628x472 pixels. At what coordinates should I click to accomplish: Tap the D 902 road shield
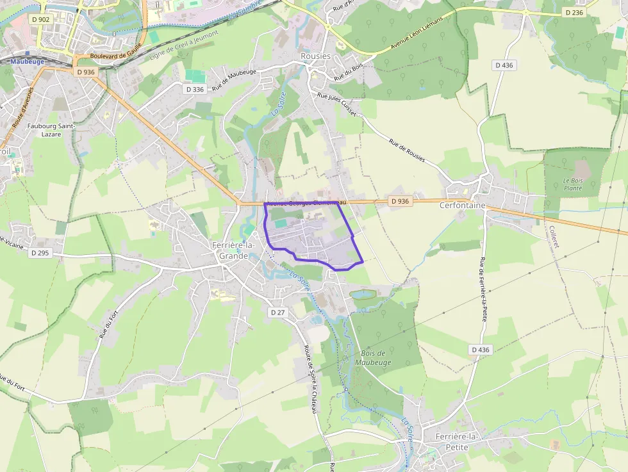[40, 19]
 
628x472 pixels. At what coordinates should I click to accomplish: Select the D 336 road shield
[195, 90]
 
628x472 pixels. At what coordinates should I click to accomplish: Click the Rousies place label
[315, 56]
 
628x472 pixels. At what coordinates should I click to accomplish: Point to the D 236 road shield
[574, 12]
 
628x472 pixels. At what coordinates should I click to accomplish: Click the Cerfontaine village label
[462, 206]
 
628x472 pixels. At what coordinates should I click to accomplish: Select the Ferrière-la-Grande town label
[233, 250]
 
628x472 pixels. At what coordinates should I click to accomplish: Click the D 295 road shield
[40, 253]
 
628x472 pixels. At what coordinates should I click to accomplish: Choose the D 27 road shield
[277, 312]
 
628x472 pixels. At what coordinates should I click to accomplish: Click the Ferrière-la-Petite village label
[456, 441]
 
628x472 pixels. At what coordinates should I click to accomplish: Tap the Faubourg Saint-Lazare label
[52, 130]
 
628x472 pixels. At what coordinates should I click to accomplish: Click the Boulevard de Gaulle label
[115, 56]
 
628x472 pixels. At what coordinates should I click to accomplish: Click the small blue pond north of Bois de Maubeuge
[363, 294]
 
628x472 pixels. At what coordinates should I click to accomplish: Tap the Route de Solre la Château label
[311, 379]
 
